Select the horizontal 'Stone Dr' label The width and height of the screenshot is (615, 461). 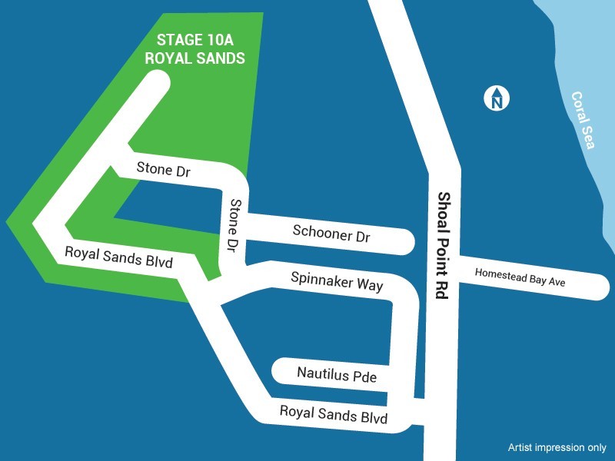tap(163, 170)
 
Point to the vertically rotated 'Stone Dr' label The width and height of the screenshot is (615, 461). tap(233, 227)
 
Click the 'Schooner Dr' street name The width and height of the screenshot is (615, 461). tap(331, 234)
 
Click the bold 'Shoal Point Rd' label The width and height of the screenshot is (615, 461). tap(442, 246)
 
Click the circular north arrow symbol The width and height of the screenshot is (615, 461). tap(497, 98)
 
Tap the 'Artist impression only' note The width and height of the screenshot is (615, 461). tap(557, 447)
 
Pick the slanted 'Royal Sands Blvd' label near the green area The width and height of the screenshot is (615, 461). tap(118, 256)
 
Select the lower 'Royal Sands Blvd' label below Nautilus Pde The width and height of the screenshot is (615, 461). tap(333, 415)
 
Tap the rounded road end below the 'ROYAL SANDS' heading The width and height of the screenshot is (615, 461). tap(157, 82)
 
